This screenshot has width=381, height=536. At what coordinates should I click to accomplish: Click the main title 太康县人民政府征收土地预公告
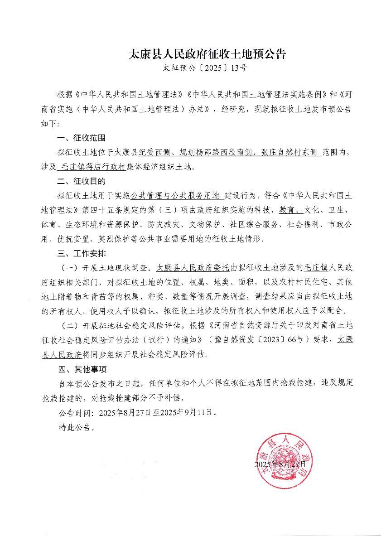pos(208,55)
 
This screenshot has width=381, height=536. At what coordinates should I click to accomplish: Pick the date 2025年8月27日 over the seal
pos(280,464)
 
